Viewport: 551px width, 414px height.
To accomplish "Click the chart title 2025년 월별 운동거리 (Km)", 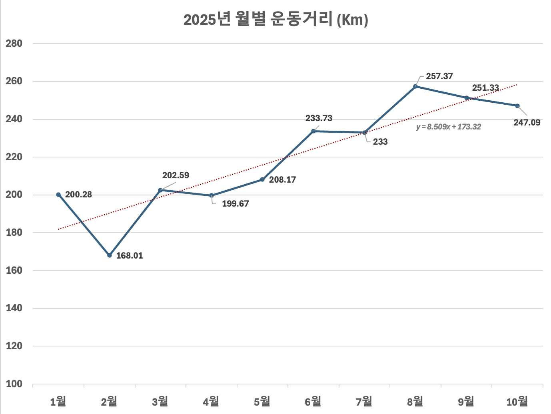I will (x=275, y=20).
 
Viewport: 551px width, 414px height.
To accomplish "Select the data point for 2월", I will (x=110, y=255).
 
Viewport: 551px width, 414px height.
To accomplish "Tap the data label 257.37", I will (x=439, y=76).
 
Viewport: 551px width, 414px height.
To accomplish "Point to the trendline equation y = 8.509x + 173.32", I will (x=448, y=127).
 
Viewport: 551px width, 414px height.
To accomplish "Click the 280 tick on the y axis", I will (x=14, y=44).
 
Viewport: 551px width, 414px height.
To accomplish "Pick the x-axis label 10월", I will (x=517, y=401).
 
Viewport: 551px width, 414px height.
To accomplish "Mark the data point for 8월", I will (x=415, y=86).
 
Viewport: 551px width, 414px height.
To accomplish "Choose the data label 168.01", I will (x=130, y=256).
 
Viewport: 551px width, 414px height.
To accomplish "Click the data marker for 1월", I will (x=58, y=195).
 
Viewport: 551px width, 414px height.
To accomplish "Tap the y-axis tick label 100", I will (x=14, y=384).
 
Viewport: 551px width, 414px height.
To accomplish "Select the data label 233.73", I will (x=319, y=118).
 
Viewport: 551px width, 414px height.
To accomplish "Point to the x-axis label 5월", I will (x=262, y=401).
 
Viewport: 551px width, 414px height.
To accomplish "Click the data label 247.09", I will (x=527, y=123).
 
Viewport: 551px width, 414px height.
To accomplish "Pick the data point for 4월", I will (x=212, y=195).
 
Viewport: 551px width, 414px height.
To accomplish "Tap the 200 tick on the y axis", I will (x=14, y=195).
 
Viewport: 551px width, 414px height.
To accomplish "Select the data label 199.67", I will (x=236, y=204).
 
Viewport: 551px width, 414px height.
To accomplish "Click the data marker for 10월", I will (x=517, y=106).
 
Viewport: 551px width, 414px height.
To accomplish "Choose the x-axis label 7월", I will (x=364, y=401).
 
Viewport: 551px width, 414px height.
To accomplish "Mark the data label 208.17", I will (x=282, y=180).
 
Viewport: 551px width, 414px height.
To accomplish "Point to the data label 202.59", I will (x=176, y=175).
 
